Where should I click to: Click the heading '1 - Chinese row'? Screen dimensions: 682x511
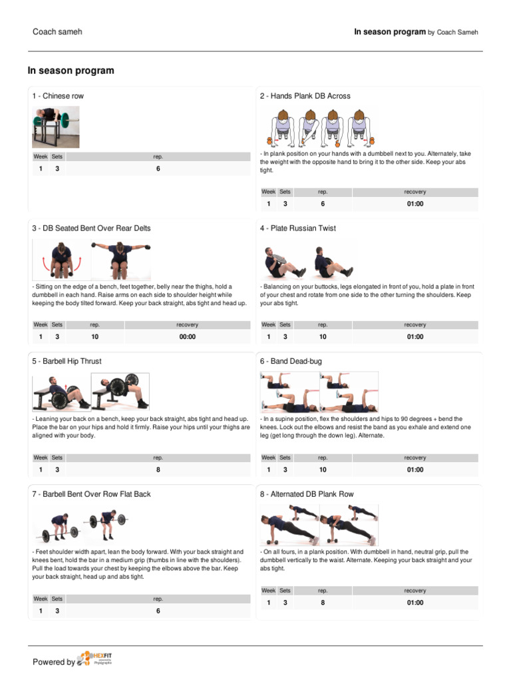[58, 96]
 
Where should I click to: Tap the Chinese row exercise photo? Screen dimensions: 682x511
[56, 128]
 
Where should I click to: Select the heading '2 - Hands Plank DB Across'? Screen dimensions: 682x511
[305, 96]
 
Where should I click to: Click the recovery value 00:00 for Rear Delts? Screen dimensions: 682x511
[188, 337]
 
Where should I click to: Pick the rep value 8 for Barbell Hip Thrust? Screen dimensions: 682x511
[158, 470]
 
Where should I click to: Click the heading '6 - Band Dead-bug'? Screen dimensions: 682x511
[291, 361]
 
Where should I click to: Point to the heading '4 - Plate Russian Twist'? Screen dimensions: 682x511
[298, 228]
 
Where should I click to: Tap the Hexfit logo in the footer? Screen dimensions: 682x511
[94, 659]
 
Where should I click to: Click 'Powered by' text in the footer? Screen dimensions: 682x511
[54, 662]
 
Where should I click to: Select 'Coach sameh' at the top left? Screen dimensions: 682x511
[57, 31]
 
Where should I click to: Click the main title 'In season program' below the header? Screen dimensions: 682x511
[71, 71]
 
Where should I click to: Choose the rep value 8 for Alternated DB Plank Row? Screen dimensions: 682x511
[323, 603]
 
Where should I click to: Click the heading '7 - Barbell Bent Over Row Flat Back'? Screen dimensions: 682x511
[91, 494]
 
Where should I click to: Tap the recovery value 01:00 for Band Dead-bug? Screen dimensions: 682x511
[415, 470]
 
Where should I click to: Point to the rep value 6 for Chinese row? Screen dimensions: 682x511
[158, 169]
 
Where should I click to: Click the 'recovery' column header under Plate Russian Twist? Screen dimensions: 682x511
[415, 325]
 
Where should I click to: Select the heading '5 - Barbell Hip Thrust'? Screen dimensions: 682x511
[67, 361]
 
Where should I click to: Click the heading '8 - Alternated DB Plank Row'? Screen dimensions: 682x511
[307, 494]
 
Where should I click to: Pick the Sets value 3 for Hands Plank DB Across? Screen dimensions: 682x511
[285, 204]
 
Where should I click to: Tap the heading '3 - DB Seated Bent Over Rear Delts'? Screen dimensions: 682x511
[91, 228]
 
